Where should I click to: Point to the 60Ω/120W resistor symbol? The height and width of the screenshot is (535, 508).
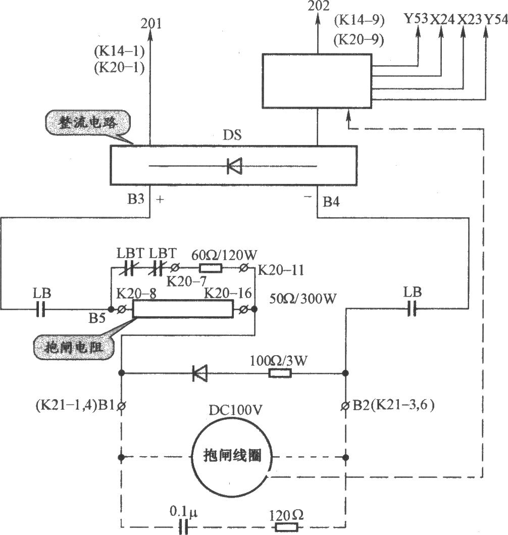(x=210, y=268)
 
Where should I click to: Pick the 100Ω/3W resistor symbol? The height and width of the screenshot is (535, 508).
(x=279, y=373)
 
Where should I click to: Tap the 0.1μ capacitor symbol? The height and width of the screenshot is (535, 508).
(x=183, y=527)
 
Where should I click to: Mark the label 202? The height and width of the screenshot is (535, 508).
(x=318, y=6)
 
